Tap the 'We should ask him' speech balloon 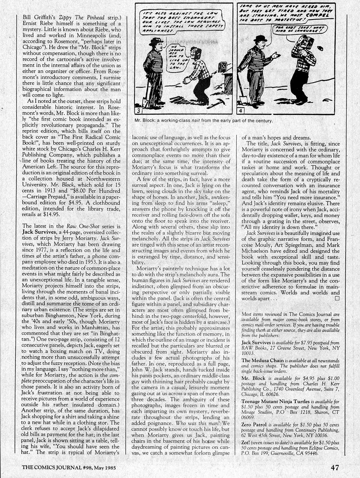[x=176, y=58]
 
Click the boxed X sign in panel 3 [x=223, y=67]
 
